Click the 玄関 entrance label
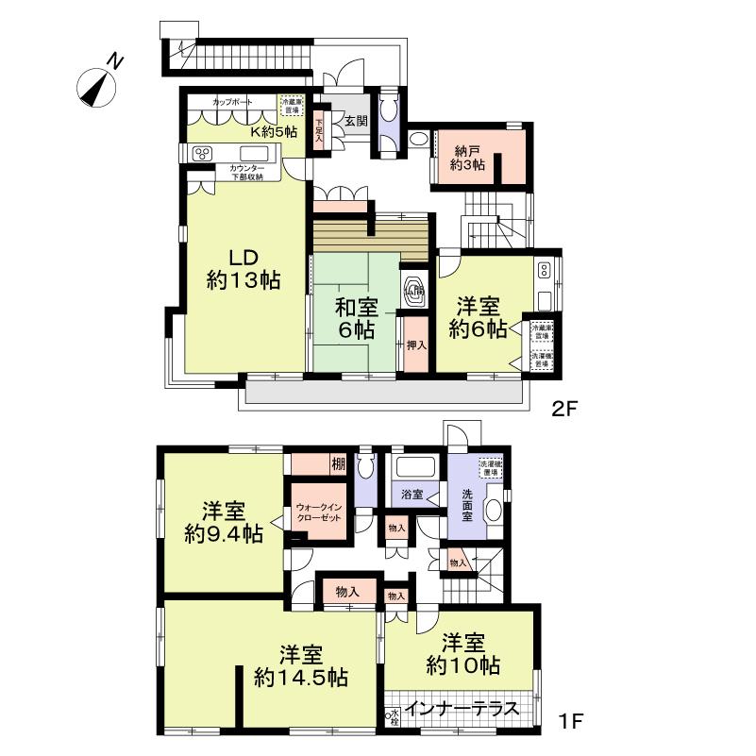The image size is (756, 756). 356,120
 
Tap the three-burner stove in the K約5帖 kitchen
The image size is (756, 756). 202,154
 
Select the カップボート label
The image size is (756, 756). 231,101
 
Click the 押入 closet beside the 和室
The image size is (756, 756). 416,344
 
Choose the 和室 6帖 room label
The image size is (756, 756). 355,318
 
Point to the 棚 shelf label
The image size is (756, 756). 337,463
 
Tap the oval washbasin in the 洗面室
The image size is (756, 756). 494,510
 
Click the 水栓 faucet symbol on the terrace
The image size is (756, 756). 392,717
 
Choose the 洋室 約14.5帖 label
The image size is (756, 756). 301,665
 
